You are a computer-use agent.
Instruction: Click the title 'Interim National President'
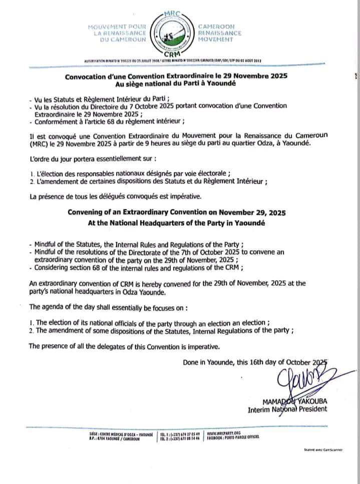(x=288, y=409)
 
